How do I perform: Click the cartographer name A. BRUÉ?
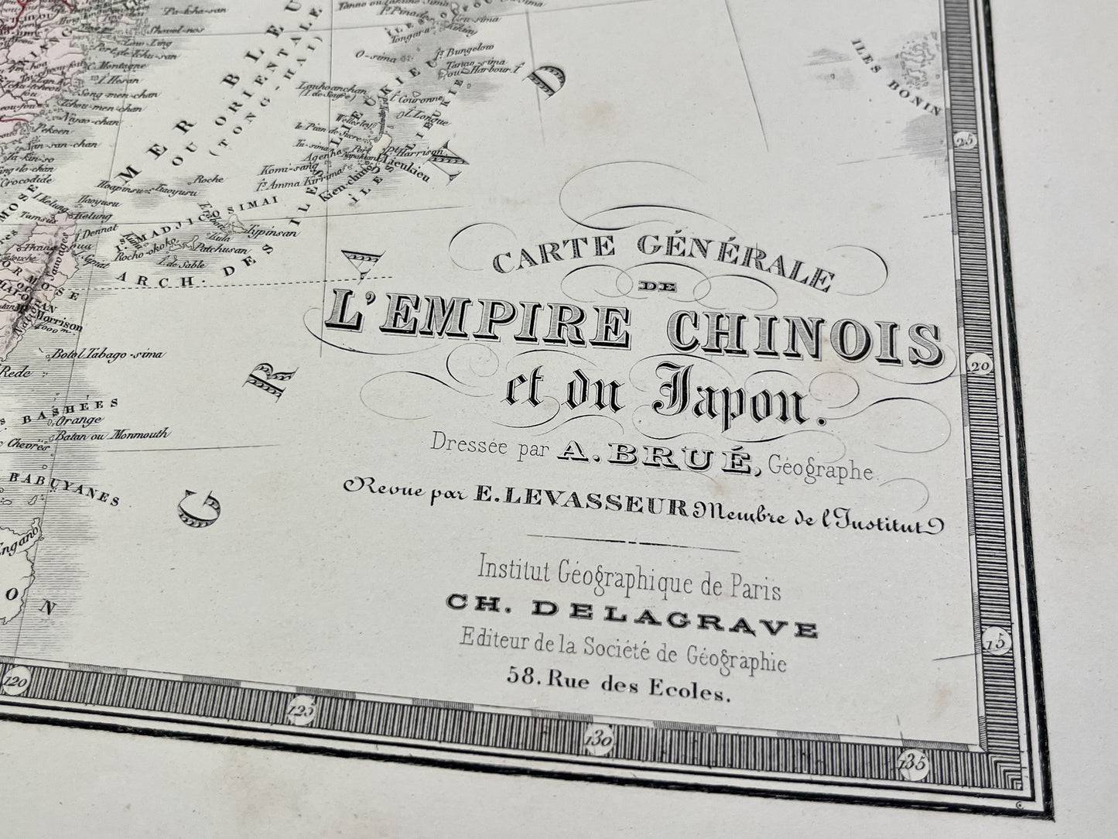point(654,461)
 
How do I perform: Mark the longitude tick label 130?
point(600,741)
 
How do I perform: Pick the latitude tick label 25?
point(963,140)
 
